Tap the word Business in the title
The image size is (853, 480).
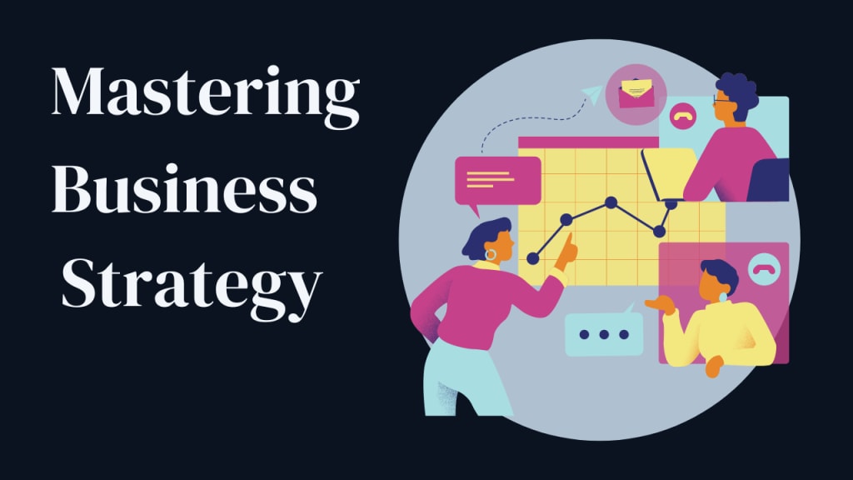tap(184, 192)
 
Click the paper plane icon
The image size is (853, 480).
tap(593, 95)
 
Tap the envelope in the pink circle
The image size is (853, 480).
tap(635, 92)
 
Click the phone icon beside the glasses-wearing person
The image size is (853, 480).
tap(682, 117)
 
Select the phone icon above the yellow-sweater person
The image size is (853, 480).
tap(761, 268)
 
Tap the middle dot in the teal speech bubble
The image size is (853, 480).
tap(604, 334)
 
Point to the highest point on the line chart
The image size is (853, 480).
tap(611, 202)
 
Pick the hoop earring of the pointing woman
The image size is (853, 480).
tap(491, 253)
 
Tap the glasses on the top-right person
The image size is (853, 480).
tap(721, 100)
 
